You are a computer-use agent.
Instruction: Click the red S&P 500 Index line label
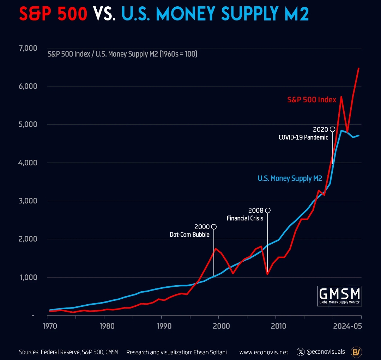(312, 100)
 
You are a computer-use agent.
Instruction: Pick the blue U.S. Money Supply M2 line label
(290, 178)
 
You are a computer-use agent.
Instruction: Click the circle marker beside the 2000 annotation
(213, 226)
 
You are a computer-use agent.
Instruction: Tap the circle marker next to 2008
(268, 210)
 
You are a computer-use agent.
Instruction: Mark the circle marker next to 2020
(332, 129)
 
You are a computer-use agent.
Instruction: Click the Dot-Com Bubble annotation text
(189, 234)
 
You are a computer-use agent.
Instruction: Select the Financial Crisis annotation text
(245, 218)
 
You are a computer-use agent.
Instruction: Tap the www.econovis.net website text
(264, 352)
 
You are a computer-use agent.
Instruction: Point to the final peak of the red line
(358, 68)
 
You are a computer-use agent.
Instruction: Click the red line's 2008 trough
(267, 274)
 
